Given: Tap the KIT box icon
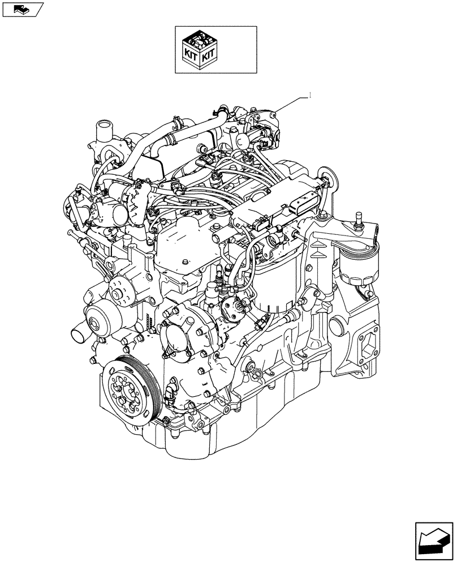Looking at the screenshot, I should pos(199,50).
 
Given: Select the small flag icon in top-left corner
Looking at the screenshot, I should pos(21,9).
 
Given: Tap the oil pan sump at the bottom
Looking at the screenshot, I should pos(238,430).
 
